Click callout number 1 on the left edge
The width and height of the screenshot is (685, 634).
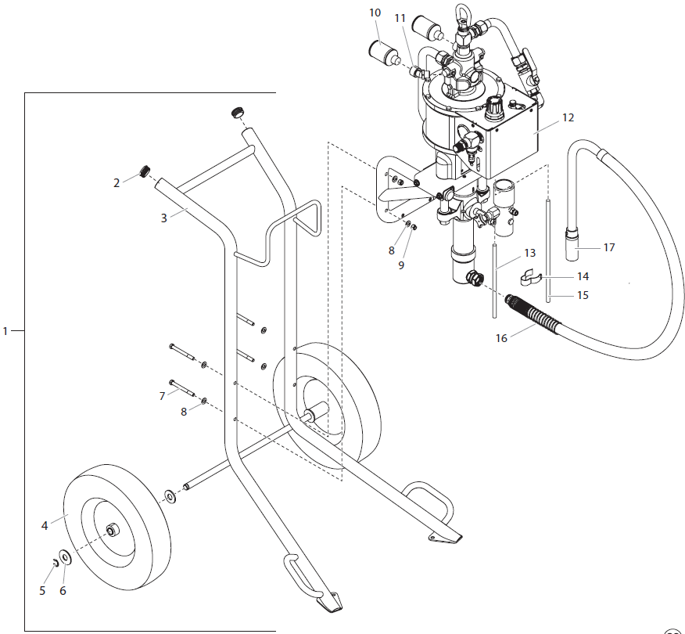[5, 331]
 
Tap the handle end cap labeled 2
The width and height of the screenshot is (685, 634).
[144, 171]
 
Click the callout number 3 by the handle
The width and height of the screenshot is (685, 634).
[164, 218]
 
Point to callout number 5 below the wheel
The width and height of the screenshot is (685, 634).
[43, 591]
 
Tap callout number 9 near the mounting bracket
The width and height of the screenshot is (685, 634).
[401, 265]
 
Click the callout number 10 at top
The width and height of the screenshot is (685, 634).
[375, 13]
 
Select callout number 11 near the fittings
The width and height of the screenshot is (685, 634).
[400, 17]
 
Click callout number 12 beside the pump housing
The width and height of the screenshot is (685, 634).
[568, 117]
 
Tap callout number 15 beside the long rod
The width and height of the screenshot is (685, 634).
[583, 295]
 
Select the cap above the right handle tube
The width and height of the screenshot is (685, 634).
[235, 114]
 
